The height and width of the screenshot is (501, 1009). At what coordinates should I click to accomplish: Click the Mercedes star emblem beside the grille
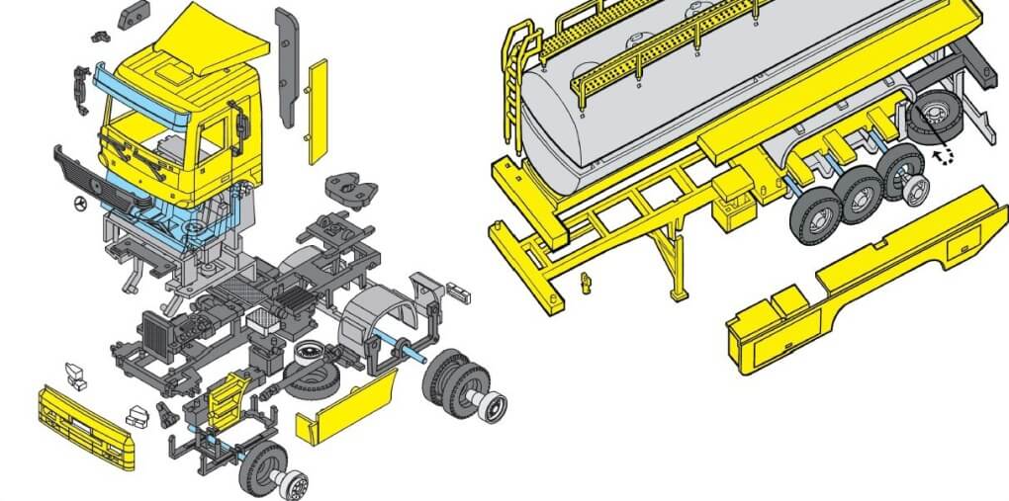[x=78, y=206]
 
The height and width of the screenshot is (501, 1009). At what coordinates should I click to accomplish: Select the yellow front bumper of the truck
[x=85, y=422]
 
